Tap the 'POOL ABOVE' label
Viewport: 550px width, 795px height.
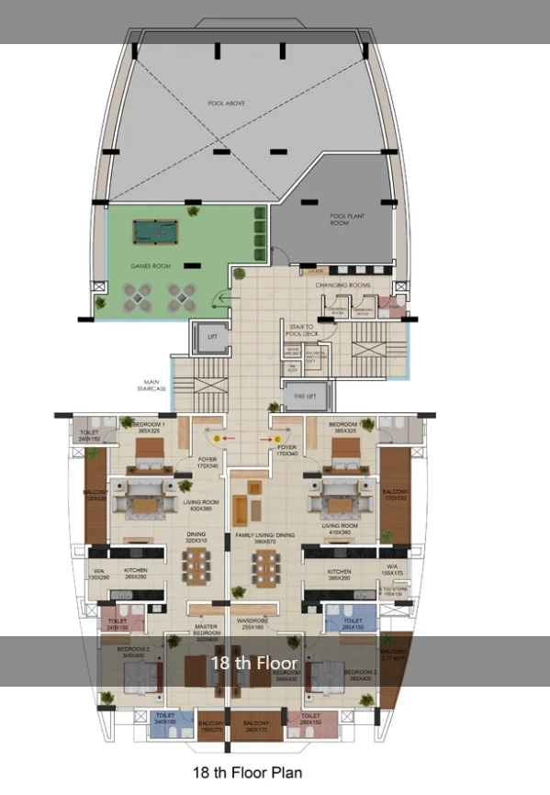pos(217,103)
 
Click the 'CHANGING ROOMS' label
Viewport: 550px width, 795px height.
pos(342,286)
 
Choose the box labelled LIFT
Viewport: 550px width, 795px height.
pos(211,338)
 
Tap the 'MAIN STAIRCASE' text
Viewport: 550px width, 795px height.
pos(153,385)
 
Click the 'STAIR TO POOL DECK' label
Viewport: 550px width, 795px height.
pos(301,330)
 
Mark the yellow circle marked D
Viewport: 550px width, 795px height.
pos(217,440)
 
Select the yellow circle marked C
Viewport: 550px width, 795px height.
pos(276,440)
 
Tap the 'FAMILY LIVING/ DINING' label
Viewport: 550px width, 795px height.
pos(264,536)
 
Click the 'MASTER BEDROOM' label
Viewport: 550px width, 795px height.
pos(206,632)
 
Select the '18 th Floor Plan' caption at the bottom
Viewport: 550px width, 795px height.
pos(246,772)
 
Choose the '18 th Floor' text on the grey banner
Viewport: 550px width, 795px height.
pos(254,662)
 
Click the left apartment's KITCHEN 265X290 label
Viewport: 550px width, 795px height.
pos(136,574)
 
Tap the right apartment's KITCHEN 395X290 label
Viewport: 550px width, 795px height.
pos(339,575)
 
